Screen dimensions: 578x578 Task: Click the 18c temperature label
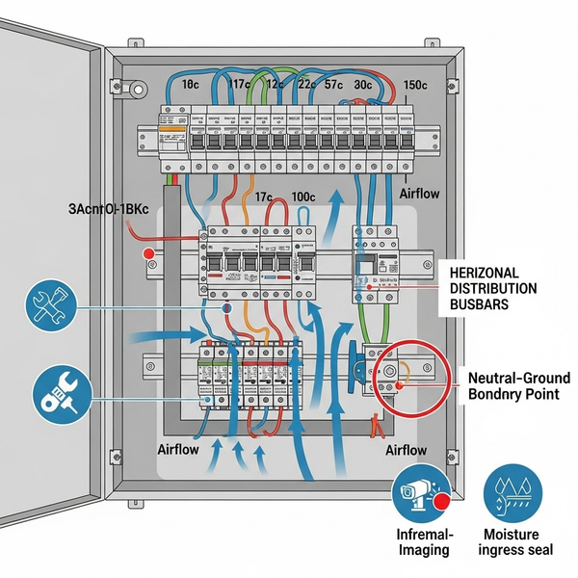tap(190, 85)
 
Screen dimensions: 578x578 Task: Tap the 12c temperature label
tap(275, 85)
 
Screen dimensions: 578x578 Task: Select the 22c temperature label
tap(308, 85)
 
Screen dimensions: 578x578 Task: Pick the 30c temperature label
tap(364, 85)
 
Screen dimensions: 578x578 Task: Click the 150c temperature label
tap(416, 85)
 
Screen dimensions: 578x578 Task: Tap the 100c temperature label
tap(302, 197)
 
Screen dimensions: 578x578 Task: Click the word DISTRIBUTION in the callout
tap(493, 289)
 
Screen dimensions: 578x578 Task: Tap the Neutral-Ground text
tap(518, 377)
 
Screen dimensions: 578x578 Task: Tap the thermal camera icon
tap(422, 494)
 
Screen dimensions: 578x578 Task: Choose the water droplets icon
tap(512, 494)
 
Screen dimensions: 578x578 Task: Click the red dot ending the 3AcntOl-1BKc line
tap(148, 253)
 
